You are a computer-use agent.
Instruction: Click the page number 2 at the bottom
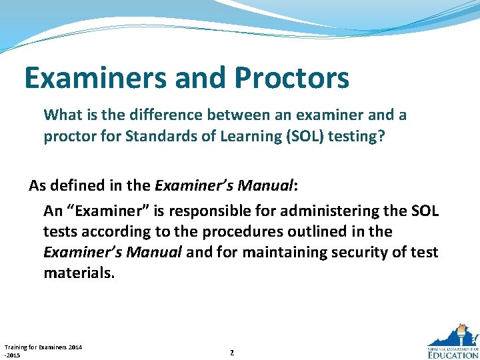point(231,352)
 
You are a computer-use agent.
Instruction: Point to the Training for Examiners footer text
point(43,351)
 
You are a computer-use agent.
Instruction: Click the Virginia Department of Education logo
point(452,343)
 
